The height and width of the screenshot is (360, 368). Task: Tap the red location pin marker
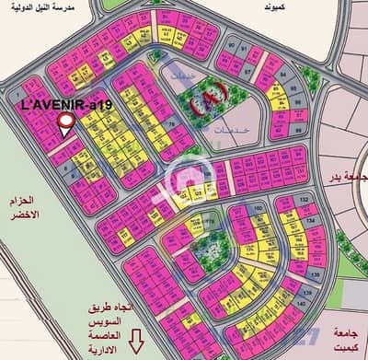tap(65, 126)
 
